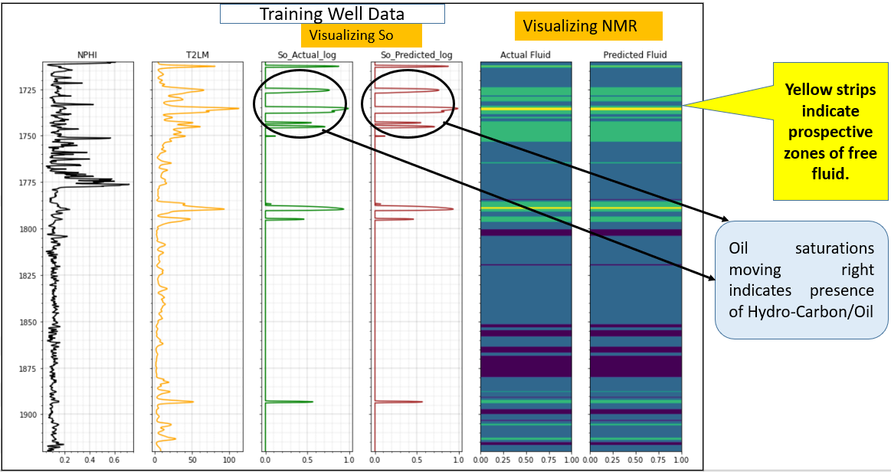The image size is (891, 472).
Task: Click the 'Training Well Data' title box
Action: pyautogui.click(x=332, y=14)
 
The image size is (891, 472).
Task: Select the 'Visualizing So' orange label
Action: pyautogui.click(x=361, y=35)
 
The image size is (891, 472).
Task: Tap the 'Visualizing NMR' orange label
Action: pyautogui.click(x=580, y=26)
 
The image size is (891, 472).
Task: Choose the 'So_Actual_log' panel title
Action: pyautogui.click(x=306, y=55)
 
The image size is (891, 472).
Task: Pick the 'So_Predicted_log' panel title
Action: pyautogui.click(x=416, y=55)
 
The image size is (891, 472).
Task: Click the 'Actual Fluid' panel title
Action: pyautogui.click(x=526, y=55)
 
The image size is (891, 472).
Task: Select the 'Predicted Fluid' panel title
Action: pyautogui.click(x=635, y=55)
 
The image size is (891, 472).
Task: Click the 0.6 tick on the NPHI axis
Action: pyautogui.click(x=114, y=460)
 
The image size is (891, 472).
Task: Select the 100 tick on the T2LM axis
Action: pyautogui.click(x=228, y=460)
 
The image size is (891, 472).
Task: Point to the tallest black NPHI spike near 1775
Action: pyautogui.click(x=128, y=184)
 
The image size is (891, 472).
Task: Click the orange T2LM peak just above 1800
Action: pyautogui.click(x=222, y=209)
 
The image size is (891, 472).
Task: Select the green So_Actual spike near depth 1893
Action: pyautogui.click(x=311, y=402)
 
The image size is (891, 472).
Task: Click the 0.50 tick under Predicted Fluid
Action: pyautogui.click(x=635, y=460)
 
